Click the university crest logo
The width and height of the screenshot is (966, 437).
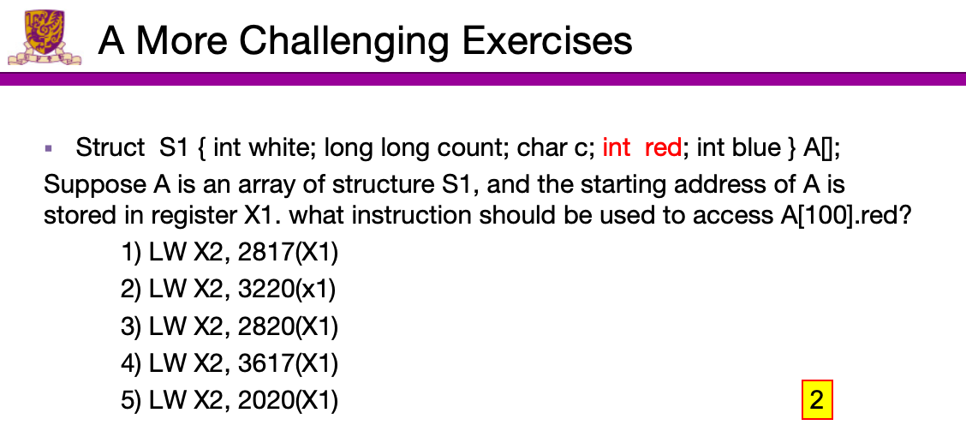point(45,37)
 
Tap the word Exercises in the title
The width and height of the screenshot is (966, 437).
point(547,40)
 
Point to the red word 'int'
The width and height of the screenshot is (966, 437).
point(616,148)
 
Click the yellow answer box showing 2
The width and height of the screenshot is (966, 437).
point(817,400)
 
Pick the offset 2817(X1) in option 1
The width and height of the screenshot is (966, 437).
point(288,253)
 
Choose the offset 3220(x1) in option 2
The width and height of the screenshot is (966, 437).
point(287,290)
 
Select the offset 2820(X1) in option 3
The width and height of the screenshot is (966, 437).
point(288,326)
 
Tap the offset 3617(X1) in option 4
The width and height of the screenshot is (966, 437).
point(288,363)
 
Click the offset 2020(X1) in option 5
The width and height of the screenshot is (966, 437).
point(288,401)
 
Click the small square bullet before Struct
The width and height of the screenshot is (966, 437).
point(49,148)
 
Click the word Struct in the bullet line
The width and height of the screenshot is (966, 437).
point(110,148)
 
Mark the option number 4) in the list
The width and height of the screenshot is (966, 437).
point(132,364)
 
